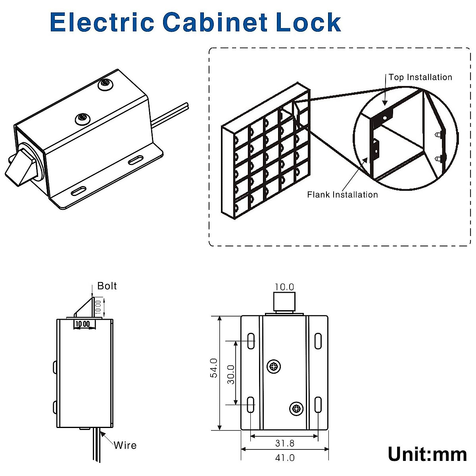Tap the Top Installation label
(x=420, y=77)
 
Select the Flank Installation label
(x=342, y=194)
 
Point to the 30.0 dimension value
(x=231, y=374)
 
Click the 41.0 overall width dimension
(x=285, y=457)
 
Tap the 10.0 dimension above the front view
(x=284, y=287)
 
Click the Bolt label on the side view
(x=107, y=286)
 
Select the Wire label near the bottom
(x=125, y=445)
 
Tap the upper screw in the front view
(x=274, y=367)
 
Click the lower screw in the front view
(x=296, y=408)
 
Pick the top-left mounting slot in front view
(x=251, y=341)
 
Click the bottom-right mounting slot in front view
(x=318, y=405)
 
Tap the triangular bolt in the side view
(x=85, y=307)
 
